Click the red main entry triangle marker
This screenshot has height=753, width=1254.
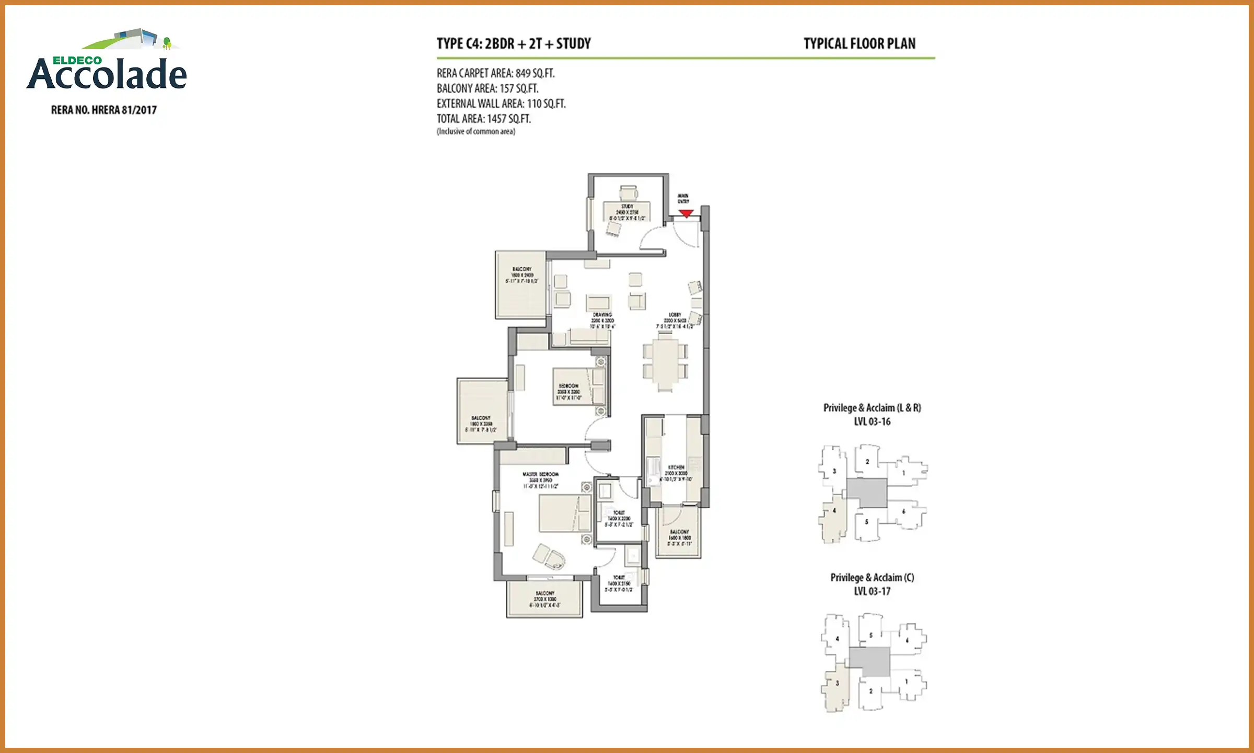click(x=686, y=213)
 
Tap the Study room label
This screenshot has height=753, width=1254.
click(x=628, y=207)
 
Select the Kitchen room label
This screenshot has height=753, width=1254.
click(x=676, y=467)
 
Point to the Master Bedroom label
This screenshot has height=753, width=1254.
click(x=540, y=474)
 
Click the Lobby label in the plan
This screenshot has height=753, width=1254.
click(x=675, y=315)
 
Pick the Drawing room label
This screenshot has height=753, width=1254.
click(x=602, y=315)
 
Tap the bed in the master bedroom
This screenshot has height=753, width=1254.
click(x=564, y=513)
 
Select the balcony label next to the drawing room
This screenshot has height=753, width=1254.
click(x=521, y=269)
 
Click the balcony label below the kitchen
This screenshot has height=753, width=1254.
click(x=679, y=532)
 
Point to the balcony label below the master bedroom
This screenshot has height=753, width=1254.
click(x=544, y=594)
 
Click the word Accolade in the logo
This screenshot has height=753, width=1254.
click(x=107, y=75)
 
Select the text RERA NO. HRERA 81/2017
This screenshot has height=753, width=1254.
click(x=104, y=110)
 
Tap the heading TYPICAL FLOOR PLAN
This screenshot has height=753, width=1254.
click(x=860, y=44)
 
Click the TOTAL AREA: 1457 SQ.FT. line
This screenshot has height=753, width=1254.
click(x=484, y=119)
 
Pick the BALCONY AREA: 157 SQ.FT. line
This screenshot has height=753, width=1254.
click(x=487, y=88)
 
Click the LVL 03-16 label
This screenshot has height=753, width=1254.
click(x=872, y=421)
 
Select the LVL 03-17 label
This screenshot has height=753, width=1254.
click(x=872, y=591)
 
